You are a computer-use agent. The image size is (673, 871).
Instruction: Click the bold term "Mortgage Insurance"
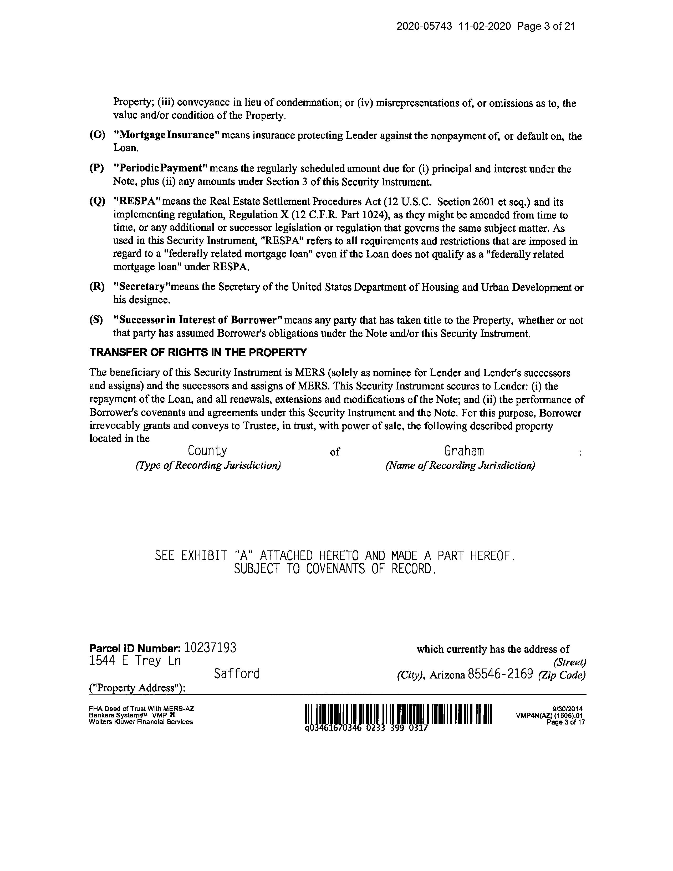167,135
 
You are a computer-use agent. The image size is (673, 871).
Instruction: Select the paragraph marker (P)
96,168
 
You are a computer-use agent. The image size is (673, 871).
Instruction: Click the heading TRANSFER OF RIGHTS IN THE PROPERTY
198,353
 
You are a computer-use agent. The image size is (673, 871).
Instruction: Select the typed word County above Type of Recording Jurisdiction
207,451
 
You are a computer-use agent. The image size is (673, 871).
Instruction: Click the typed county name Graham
464,451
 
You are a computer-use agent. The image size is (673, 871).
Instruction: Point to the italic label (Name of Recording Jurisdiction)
460,465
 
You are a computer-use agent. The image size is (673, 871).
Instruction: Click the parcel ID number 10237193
211,648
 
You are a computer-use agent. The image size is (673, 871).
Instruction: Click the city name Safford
237,674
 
